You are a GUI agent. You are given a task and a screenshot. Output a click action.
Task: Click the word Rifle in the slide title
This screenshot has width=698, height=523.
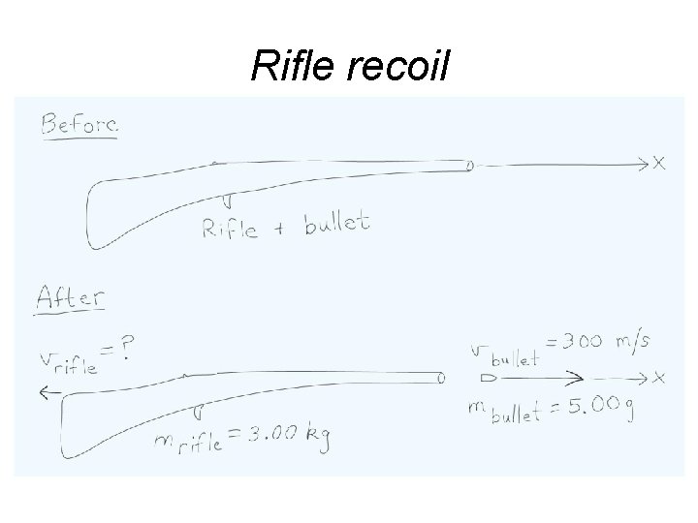click(290, 66)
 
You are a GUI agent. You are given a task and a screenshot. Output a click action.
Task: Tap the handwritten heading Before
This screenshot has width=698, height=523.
click(78, 125)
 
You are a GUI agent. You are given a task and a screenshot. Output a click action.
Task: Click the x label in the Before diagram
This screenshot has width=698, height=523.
click(659, 163)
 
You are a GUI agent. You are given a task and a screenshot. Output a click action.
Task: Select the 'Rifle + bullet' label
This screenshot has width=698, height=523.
click(285, 227)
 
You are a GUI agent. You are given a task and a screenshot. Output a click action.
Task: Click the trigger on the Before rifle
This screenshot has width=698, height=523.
click(227, 200)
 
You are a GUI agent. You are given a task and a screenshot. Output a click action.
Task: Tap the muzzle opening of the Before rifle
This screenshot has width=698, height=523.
click(469, 166)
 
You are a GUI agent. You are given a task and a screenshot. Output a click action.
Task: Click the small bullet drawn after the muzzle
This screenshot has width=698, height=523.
click(488, 376)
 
